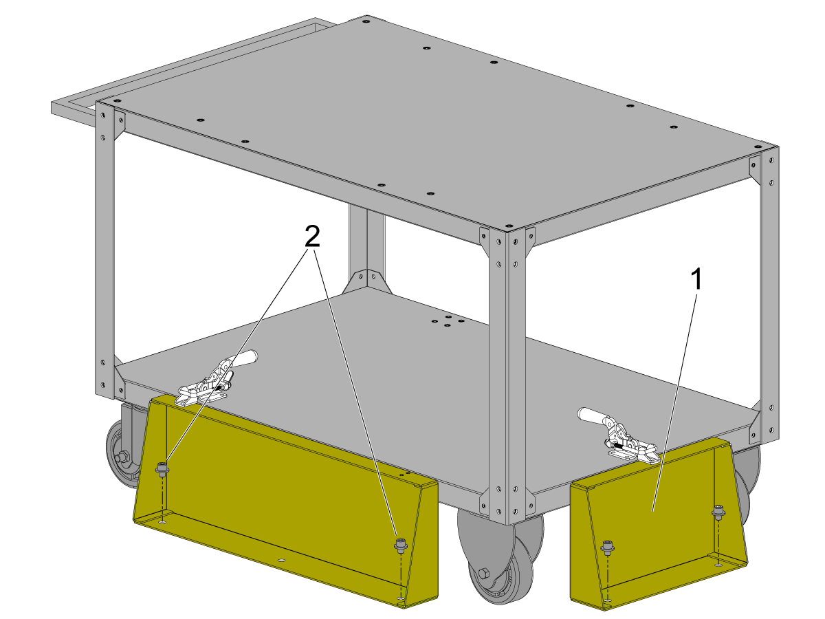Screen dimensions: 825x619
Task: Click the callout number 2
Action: (x=312, y=237)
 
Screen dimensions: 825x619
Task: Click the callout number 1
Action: (x=696, y=279)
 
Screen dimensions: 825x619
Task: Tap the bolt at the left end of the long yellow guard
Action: (x=162, y=468)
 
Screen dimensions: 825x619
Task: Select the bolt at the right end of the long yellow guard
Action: (x=401, y=545)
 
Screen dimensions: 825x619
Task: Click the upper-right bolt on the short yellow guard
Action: (x=718, y=512)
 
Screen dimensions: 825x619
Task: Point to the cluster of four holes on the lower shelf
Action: (x=448, y=321)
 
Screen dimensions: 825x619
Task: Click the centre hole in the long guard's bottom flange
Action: (x=280, y=561)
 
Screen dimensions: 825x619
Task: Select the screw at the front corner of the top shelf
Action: (x=507, y=226)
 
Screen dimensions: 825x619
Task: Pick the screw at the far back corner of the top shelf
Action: (x=364, y=22)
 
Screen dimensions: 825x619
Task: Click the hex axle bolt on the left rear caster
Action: (x=120, y=458)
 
